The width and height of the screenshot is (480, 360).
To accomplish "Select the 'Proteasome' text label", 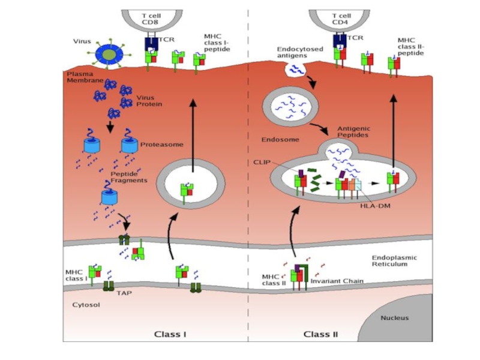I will [161, 145].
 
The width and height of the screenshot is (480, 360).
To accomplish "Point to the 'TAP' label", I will [124, 293].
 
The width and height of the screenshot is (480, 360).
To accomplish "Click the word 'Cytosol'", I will [86, 305].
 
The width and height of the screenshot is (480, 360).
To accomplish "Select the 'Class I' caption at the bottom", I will [171, 334].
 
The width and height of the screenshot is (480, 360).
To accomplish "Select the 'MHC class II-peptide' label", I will [410, 47].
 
